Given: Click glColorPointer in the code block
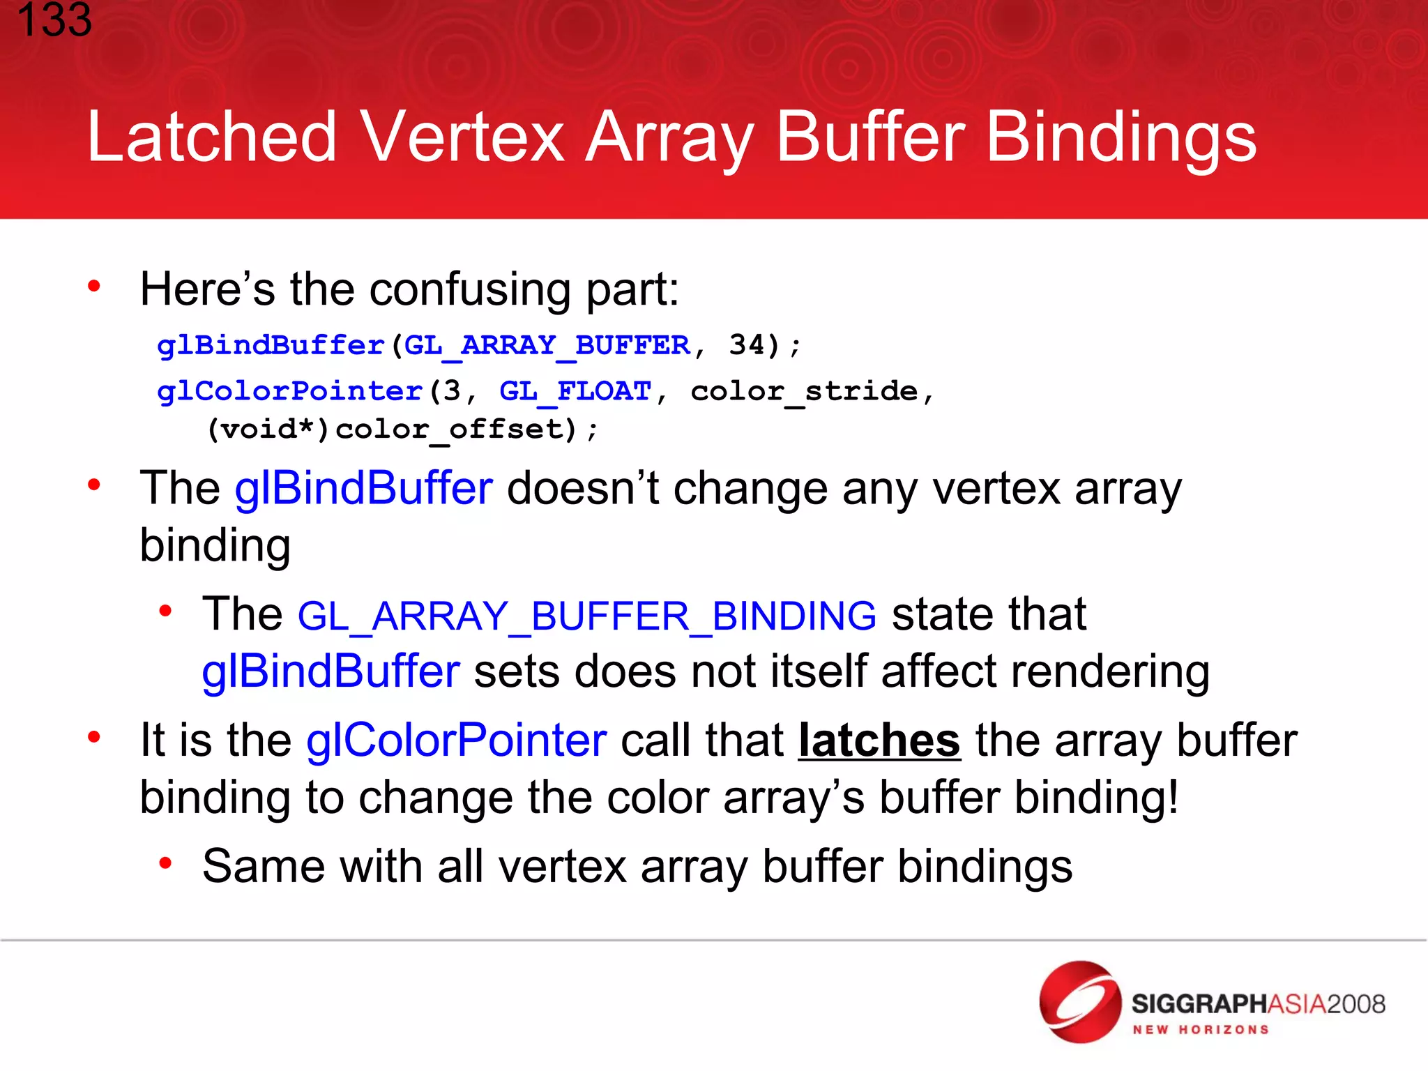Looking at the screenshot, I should [x=290, y=391].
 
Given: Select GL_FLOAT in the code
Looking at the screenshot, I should [x=575, y=391].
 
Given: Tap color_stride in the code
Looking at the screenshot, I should [x=804, y=391].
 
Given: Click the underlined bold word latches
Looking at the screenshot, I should [x=879, y=740].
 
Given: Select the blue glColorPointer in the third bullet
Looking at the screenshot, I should [x=457, y=740].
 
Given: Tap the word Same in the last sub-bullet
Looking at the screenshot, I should [x=264, y=867].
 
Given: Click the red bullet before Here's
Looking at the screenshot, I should [x=94, y=287].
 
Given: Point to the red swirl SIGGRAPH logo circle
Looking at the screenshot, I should [x=1080, y=1002].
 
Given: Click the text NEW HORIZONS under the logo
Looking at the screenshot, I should [x=1200, y=1030].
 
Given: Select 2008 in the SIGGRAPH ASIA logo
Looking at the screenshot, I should [x=1355, y=1004].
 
